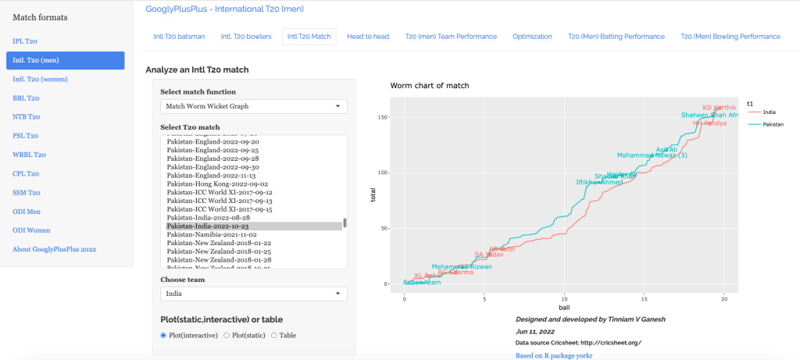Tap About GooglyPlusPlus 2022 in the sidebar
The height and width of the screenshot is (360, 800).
[54, 248]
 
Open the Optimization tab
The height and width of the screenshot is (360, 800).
[532, 37]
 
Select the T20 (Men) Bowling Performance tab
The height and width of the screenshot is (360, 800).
[730, 37]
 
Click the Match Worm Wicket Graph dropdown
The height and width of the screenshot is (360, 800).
[253, 106]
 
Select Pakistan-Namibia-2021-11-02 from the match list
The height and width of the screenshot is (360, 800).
[208, 234]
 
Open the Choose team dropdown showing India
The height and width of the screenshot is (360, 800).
[253, 294]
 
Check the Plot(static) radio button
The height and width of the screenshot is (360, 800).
[227, 335]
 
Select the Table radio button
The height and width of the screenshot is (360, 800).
[273, 335]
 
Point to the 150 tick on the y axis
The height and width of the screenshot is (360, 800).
[383, 117]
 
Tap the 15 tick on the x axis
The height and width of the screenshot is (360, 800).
[645, 299]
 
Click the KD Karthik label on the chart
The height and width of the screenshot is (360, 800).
[719, 108]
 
